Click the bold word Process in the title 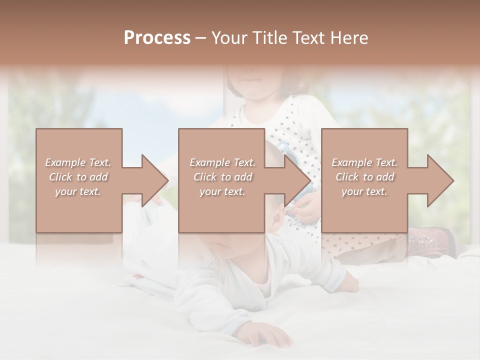pos(157,37)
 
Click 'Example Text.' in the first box pos(78,162)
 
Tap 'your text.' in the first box pos(78,191)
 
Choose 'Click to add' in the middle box pos(222,177)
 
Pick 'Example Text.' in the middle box pos(222,162)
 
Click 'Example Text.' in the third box pos(364,162)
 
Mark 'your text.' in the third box pos(364,191)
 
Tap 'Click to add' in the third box pos(364,177)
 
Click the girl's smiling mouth pos(250,80)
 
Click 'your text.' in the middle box pos(222,191)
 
